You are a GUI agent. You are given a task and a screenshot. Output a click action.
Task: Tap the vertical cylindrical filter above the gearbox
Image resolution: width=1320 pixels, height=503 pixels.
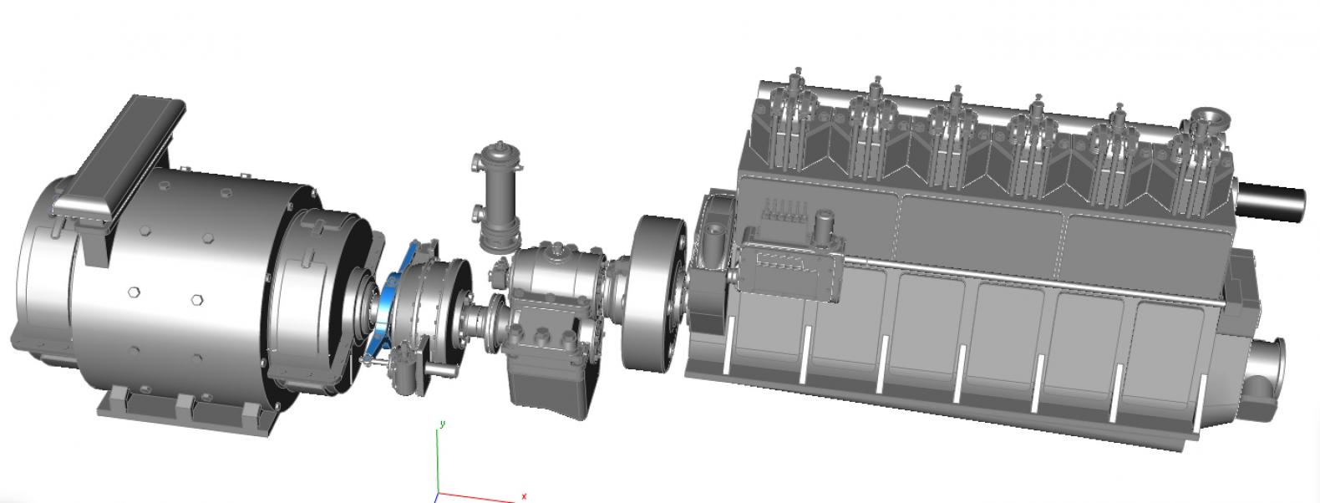point(500,196)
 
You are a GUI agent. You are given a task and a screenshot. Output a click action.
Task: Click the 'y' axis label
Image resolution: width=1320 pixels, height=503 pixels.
point(443,424)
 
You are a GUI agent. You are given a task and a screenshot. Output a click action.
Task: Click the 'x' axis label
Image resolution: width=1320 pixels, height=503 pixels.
point(524,496)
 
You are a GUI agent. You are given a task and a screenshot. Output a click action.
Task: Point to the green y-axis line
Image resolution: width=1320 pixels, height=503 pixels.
point(437,460)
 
